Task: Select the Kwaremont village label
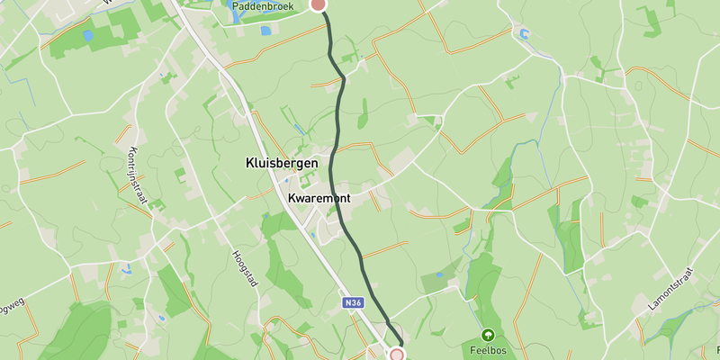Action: pyautogui.click(x=319, y=198)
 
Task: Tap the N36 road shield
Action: pyautogui.click(x=354, y=304)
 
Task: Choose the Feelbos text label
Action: pyautogui.click(x=490, y=349)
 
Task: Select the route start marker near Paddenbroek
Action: pyautogui.click(x=318, y=4)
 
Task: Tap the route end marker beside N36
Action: pyautogui.click(x=397, y=355)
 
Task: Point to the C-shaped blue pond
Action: pyautogui.click(x=523, y=34)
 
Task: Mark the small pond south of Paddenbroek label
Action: pyautogui.click(x=265, y=31)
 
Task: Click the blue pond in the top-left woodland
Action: pyautogui.click(x=87, y=36)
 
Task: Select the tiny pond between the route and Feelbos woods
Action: pyautogui.click(x=439, y=274)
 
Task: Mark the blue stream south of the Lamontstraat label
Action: pyautogui.click(x=670, y=324)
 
